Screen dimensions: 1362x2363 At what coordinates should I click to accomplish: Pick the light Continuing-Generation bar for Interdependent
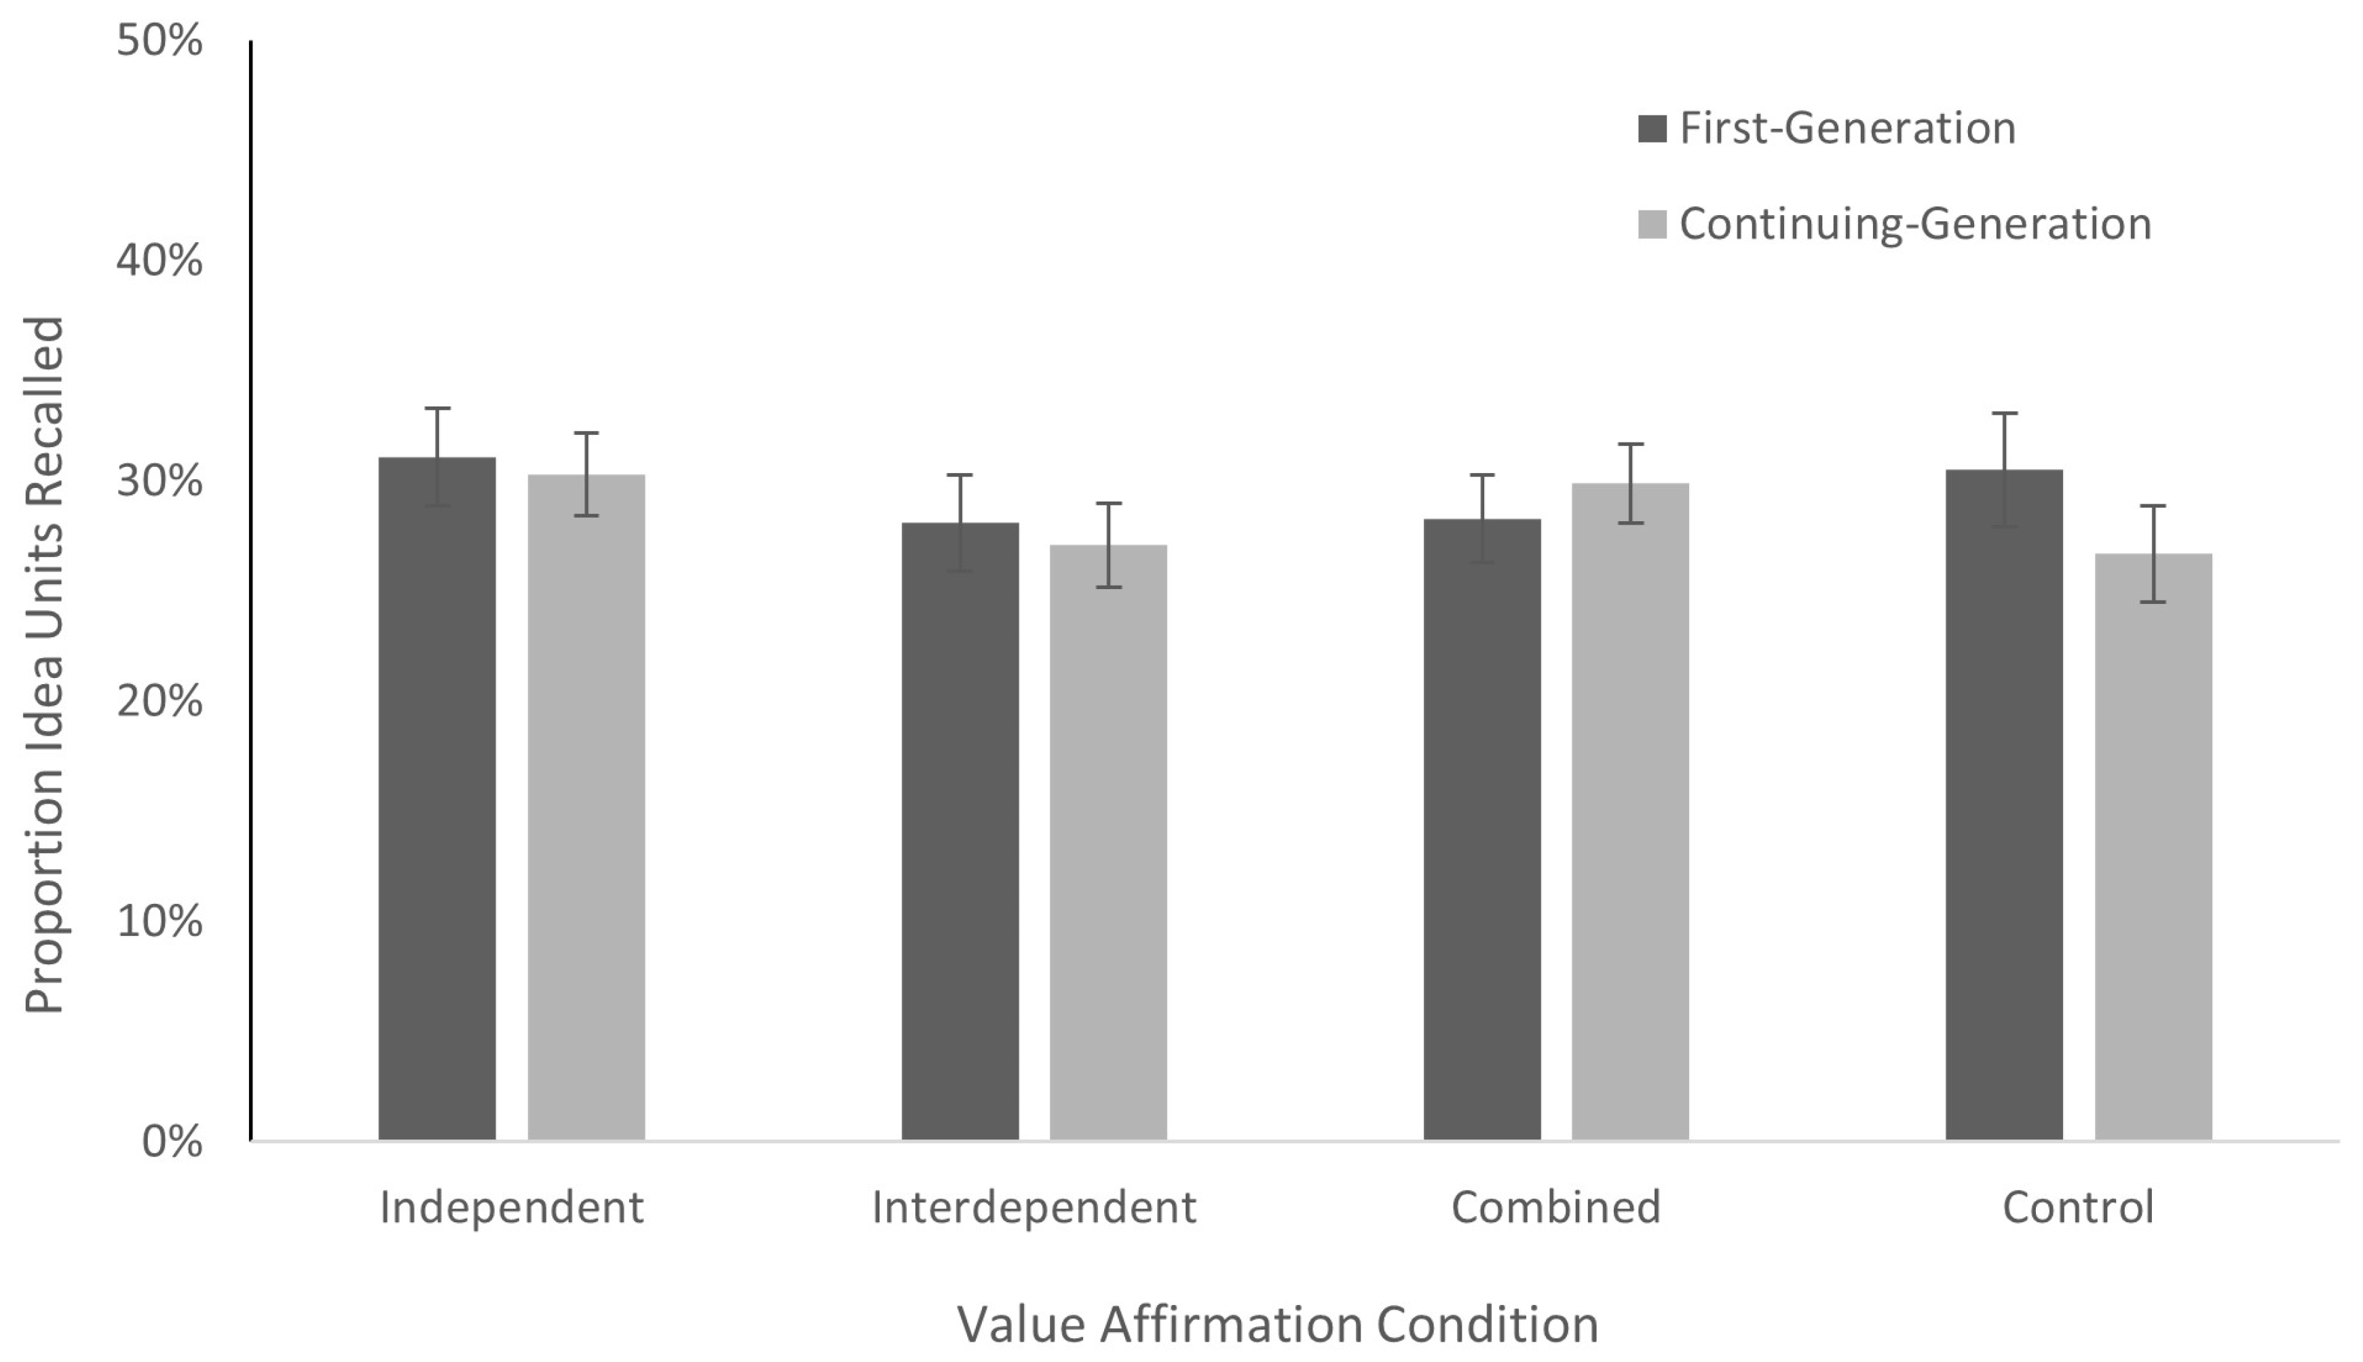(x=1108, y=842)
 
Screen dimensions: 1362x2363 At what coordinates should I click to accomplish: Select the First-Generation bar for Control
(x=2004, y=804)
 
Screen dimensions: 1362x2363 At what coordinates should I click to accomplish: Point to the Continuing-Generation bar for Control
(x=2153, y=846)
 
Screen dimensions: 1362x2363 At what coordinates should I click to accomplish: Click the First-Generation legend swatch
(x=1652, y=128)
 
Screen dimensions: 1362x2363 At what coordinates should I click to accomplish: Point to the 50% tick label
(x=159, y=41)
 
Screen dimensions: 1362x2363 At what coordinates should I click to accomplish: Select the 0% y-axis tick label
(x=172, y=1141)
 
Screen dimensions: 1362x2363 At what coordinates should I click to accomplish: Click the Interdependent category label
(x=1034, y=1207)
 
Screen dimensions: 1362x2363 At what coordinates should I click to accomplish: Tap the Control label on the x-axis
(x=2078, y=1207)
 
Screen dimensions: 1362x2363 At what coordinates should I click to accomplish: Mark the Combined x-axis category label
(x=1555, y=1207)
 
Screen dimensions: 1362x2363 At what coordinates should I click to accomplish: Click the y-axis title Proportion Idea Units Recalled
(x=44, y=664)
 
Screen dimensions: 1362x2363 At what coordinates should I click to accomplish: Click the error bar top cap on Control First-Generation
(x=2004, y=413)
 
